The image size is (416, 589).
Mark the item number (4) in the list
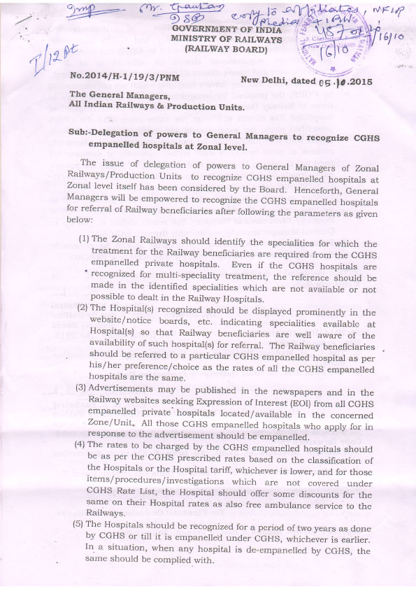(x=80, y=443)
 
